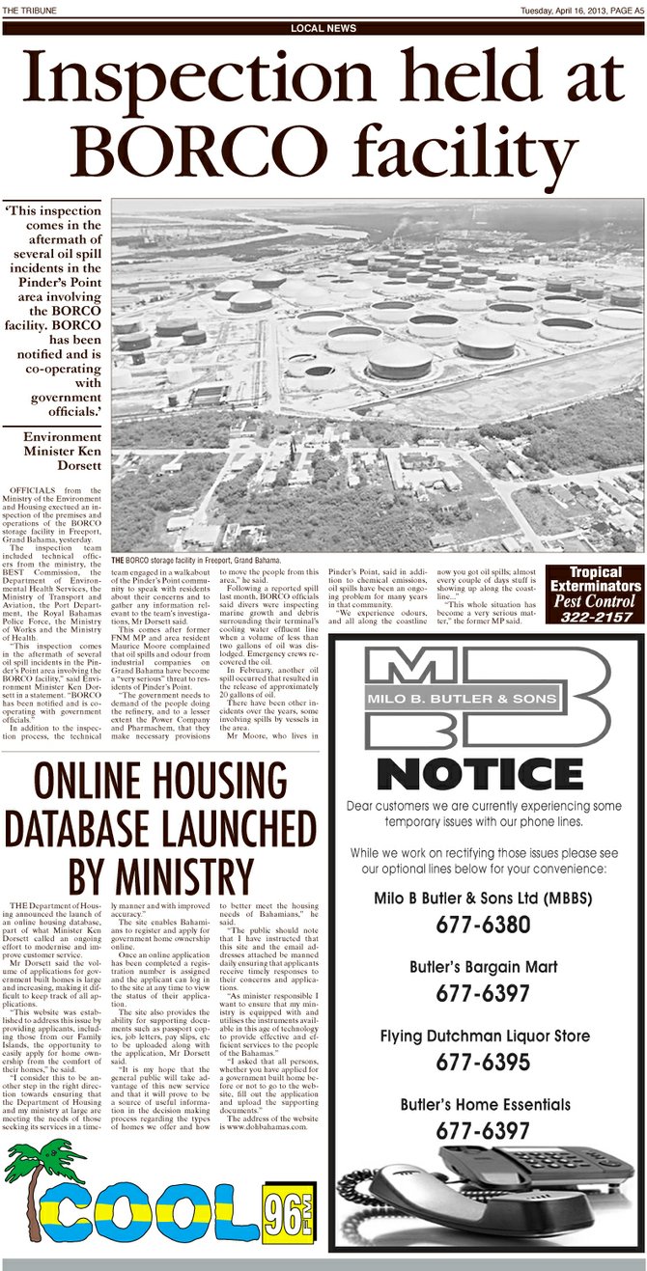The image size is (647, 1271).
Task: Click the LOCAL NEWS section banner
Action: click(x=323, y=28)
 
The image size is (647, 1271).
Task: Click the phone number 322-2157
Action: click(x=594, y=617)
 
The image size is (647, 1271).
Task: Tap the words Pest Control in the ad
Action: click(x=594, y=600)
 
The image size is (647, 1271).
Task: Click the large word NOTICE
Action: click(x=480, y=774)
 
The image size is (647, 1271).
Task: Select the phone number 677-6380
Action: click(x=483, y=925)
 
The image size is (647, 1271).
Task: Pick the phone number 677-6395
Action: click(x=483, y=1062)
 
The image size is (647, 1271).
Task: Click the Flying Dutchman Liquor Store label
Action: click(x=483, y=1036)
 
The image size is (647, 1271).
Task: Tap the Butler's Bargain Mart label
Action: click(x=483, y=966)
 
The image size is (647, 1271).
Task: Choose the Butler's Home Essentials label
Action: click(x=483, y=1104)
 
